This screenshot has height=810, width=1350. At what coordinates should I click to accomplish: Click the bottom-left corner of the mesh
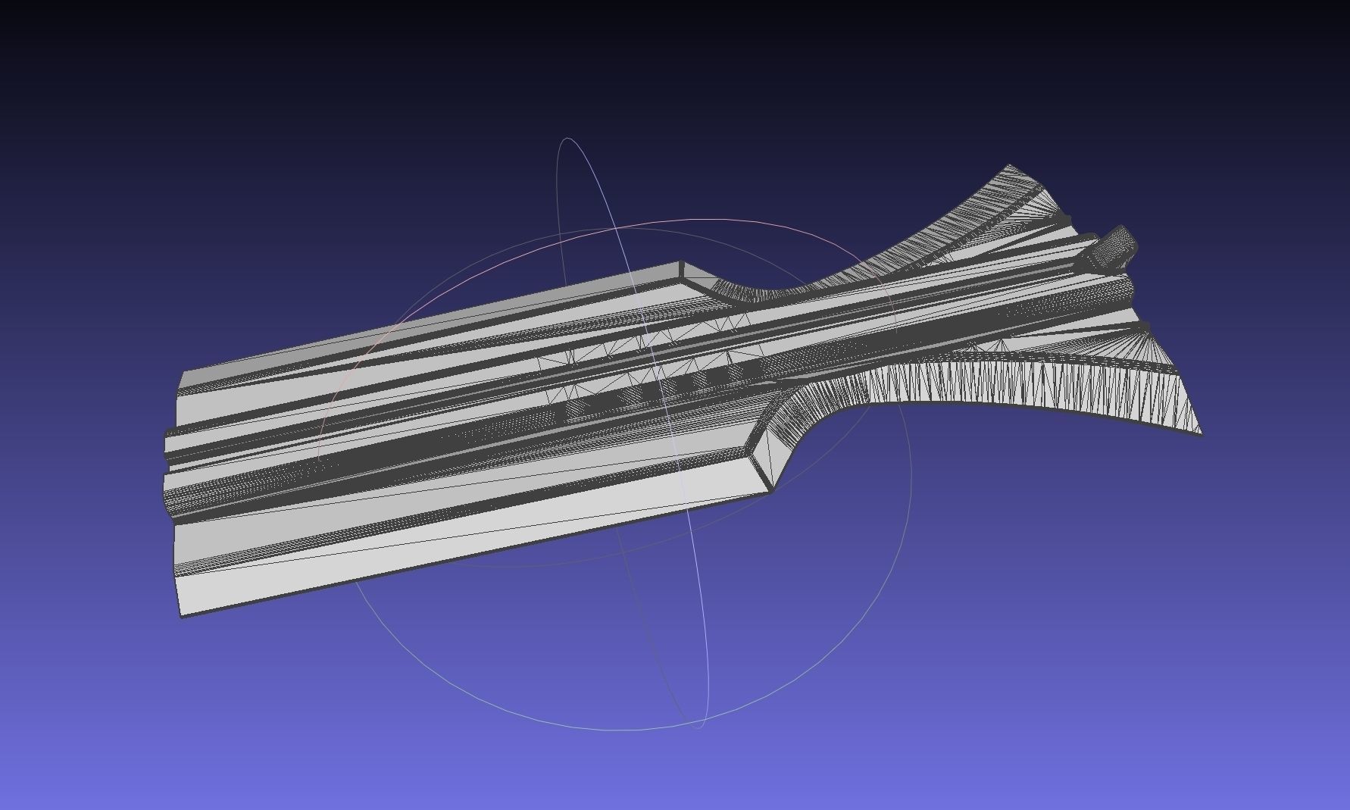181,615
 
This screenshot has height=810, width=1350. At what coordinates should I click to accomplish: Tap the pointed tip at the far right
1201,434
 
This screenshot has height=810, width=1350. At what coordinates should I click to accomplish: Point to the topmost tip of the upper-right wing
1009,165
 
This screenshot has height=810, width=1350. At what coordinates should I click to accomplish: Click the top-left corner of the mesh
182,375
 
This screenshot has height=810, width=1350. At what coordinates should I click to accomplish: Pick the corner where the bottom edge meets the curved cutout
770,491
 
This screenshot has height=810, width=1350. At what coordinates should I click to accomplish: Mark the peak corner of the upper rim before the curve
681,263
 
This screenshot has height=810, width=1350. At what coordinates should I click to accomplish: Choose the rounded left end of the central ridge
168,444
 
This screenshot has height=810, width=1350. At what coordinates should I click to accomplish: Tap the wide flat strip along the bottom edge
455,546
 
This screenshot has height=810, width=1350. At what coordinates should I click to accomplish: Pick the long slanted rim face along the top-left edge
432,318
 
